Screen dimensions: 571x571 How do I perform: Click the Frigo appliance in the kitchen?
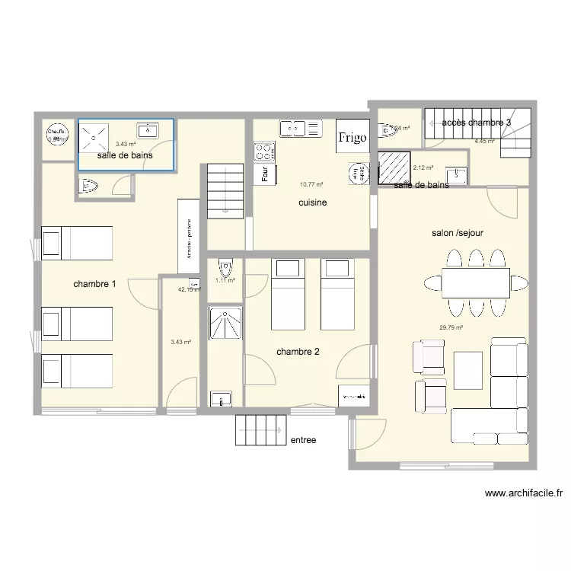point(352,137)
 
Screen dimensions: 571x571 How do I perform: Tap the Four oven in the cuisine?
point(264,174)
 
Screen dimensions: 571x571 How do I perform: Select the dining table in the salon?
point(475,284)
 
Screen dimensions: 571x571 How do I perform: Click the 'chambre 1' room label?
point(94,285)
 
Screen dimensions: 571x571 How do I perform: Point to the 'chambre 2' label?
point(298,352)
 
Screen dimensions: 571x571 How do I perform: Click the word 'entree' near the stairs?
point(303,440)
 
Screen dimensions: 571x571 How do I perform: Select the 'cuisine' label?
point(313,203)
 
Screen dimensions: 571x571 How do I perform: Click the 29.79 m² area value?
point(451,327)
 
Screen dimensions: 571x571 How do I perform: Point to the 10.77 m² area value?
point(311,183)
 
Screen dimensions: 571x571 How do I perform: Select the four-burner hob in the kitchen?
point(264,150)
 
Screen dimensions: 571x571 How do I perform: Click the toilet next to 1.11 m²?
point(225,269)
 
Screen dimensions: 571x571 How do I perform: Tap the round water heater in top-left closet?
point(57,134)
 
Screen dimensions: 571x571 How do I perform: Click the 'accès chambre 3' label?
point(477,122)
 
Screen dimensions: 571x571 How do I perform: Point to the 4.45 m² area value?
point(485,141)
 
